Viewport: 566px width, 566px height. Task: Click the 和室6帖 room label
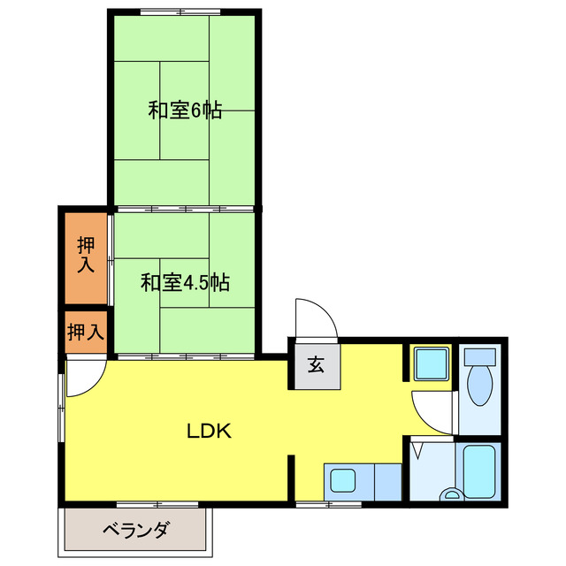(x=185, y=111)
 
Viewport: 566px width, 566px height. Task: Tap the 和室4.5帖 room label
(x=186, y=283)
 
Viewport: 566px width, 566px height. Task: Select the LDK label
(x=209, y=432)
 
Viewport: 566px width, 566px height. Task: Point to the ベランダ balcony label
(x=135, y=532)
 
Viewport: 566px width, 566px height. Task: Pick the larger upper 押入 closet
(x=85, y=256)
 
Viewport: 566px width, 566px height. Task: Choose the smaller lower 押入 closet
(x=86, y=332)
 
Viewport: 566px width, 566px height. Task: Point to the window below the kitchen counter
(x=328, y=505)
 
